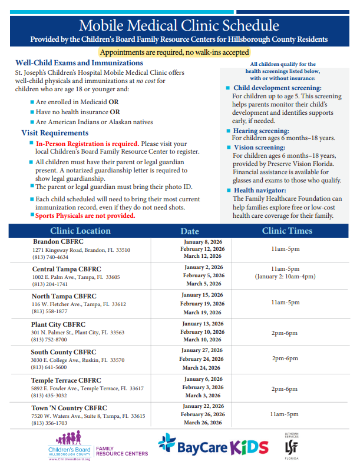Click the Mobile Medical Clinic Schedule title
[x=179, y=25]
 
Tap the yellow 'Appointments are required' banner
[x=179, y=52]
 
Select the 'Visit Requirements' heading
[x=55, y=133]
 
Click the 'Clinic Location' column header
[x=80, y=231]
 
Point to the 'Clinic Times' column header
[x=287, y=231]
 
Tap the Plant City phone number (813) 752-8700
[x=49, y=340]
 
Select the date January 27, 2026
[x=202, y=350]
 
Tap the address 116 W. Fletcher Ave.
[x=78, y=304]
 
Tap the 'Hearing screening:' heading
[x=260, y=131]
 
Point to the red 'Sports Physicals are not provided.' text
[x=85, y=215]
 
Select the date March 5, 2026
[x=202, y=283]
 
